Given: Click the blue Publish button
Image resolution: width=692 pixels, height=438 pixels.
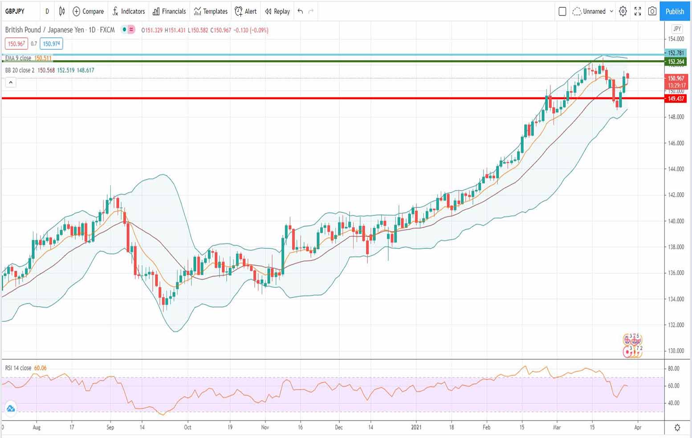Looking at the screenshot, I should pos(675,11).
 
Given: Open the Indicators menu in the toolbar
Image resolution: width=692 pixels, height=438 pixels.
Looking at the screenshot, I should pos(129,11).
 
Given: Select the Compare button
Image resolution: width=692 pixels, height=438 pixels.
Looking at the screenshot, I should pos(88,11).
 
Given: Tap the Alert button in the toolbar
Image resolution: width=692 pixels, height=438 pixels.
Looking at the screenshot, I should pos(246,11).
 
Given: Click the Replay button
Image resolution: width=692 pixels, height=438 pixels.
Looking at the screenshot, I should pos(277,11).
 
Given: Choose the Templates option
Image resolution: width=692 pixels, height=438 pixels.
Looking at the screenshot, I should pos(211,11).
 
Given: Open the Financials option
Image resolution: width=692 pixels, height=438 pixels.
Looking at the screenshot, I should pos(169,11).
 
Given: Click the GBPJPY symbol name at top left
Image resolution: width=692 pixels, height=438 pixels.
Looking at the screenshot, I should pos(15,11).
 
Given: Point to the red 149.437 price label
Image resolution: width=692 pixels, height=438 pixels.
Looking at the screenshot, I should pos(676,98).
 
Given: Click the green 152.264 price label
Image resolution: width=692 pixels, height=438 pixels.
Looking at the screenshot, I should pos(676,61).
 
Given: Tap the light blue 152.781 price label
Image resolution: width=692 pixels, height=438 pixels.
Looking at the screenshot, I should pos(676,53).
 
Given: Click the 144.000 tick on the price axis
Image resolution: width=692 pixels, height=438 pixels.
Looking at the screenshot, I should pos(676,169).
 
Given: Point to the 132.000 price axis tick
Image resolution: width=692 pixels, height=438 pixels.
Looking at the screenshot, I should pos(676,324).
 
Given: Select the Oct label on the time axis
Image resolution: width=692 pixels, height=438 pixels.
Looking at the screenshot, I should pos(187,427).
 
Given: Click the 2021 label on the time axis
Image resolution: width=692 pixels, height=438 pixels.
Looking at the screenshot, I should pos(416,427).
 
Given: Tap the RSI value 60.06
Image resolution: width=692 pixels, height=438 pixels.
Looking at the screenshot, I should pos(40,368).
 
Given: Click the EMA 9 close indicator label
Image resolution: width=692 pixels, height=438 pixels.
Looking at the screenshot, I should pos(18,58).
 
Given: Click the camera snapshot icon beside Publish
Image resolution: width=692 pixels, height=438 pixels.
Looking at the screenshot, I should pos(652,11).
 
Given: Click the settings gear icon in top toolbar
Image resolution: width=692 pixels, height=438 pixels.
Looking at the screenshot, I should pos(623,11).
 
